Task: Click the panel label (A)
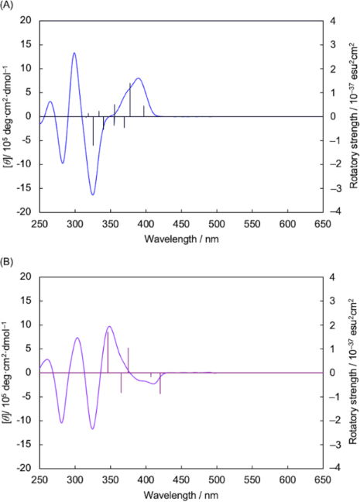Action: [8, 5]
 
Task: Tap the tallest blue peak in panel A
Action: [74, 53]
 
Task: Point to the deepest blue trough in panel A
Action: [92, 194]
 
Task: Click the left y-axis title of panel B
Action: [6, 372]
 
